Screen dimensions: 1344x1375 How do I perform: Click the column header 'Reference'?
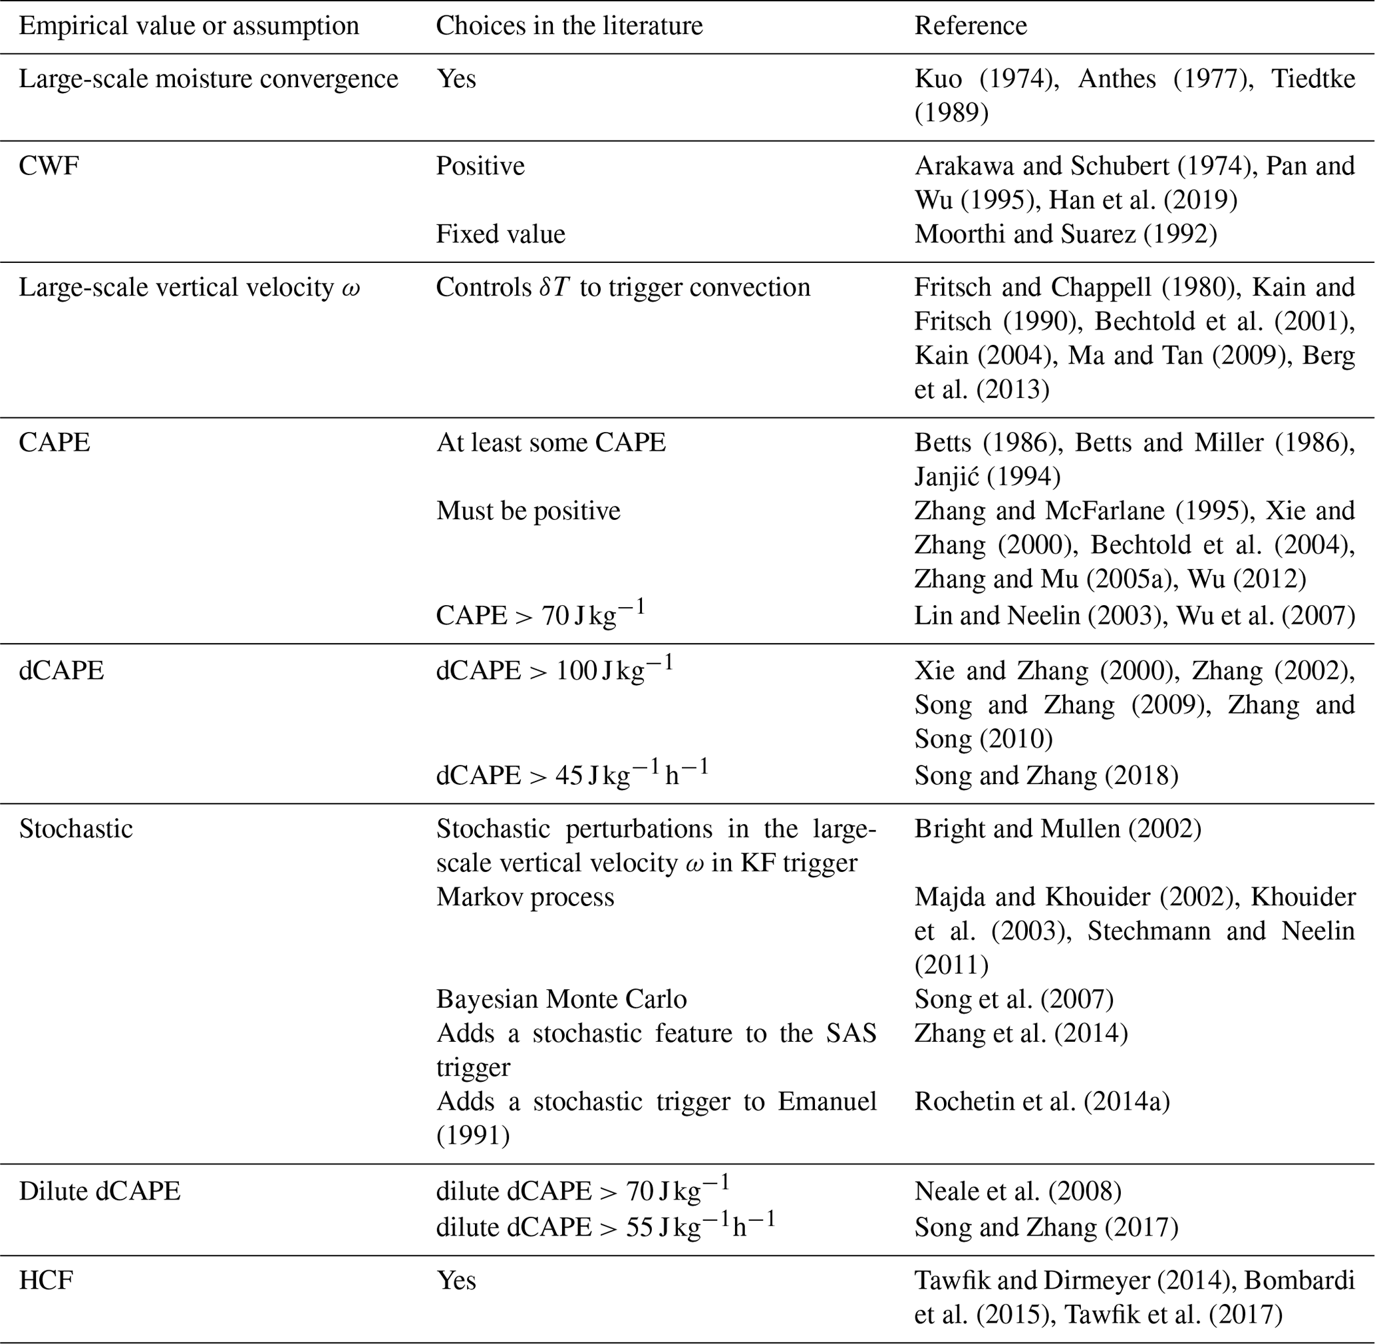[970, 26]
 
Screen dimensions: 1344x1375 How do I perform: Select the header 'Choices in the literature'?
[569, 26]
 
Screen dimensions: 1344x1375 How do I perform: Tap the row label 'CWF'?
[49, 166]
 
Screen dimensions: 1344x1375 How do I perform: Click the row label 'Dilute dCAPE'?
[100, 1191]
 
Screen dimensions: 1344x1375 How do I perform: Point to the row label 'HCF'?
[46, 1280]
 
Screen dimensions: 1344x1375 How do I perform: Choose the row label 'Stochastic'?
[75, 829]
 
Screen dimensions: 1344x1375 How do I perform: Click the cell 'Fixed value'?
[500, 234]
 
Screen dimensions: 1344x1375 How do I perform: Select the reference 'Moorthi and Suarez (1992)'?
[1065, 234]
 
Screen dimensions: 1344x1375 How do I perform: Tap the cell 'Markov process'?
[525, 897]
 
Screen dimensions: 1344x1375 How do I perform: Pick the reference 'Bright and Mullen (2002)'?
[1058, 829]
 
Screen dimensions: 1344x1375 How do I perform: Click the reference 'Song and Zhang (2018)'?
[1046, 776]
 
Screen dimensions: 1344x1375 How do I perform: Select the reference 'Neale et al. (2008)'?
[1017, 1191]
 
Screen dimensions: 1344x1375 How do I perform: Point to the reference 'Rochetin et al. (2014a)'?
[1042, 1101]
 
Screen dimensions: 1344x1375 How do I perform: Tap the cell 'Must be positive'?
[528, 511]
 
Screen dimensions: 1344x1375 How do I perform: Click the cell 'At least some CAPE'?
[550, 443]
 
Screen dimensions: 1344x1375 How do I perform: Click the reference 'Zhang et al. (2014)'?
[1021, 1033]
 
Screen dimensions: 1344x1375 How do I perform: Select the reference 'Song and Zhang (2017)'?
[1046, 1227]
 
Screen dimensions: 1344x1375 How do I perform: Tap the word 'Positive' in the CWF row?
[480, 166]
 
